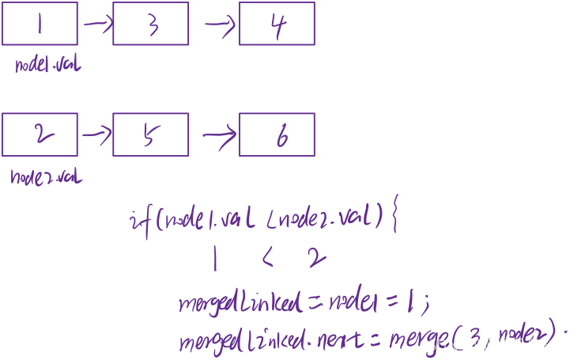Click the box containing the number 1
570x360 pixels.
40,23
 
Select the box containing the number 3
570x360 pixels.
150,23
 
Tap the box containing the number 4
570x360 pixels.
277,23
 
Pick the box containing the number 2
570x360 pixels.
40,134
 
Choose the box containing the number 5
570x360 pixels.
150,134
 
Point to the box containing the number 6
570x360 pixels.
277,134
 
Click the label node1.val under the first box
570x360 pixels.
47,65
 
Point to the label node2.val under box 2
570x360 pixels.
46,176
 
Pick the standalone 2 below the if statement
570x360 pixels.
316,257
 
